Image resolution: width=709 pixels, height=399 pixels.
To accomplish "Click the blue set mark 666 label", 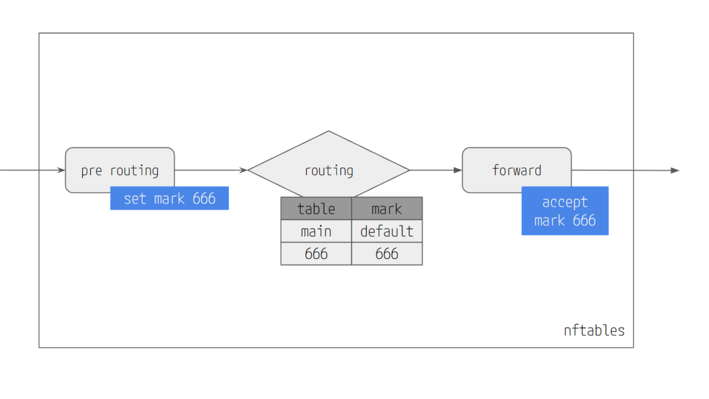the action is pyautogui.click(x=170, y=198).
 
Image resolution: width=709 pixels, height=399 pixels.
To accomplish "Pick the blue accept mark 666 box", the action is pyautogui.click(x=565, y=211).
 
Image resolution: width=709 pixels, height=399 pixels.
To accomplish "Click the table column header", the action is pyautogui.click(x=316, y=209).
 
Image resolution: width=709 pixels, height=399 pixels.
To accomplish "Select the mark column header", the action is pyautogui.click(x=387, y=209).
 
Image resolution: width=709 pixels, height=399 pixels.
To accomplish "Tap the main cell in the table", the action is pyautogui.click(x=316, y=231).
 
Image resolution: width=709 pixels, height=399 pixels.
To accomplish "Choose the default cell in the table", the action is pyautogui.click(x=387, y=231).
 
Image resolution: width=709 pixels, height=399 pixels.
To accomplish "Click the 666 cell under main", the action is pyautogui.click(x=316, y=254).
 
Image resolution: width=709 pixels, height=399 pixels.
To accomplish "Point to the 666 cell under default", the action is pyautogui.click(x=387, y=254).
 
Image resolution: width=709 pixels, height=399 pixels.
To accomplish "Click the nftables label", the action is pyautogui.click(x=594, y=331).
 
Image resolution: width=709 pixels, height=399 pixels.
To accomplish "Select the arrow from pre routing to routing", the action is pyautogui.click(x=211, y=170).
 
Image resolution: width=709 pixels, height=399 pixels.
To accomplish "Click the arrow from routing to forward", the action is pyautogui.click(x=436, y=170).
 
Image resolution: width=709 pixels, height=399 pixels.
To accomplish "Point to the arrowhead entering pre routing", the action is pyautogui.click(x=61, y=170).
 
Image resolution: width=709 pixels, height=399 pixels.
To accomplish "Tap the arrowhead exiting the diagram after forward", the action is pyautogui.click(x=675, y=171).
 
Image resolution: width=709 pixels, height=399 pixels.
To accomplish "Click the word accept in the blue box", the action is pyautogui.click(x=565, y=202).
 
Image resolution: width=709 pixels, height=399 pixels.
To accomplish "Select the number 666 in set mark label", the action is pyautogui.click(x=204, y=198).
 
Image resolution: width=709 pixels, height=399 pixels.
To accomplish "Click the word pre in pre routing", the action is pyautogui.click(x=92, y=171).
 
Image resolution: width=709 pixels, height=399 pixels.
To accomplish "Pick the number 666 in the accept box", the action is pyautogui.click(x=584, y=220).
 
